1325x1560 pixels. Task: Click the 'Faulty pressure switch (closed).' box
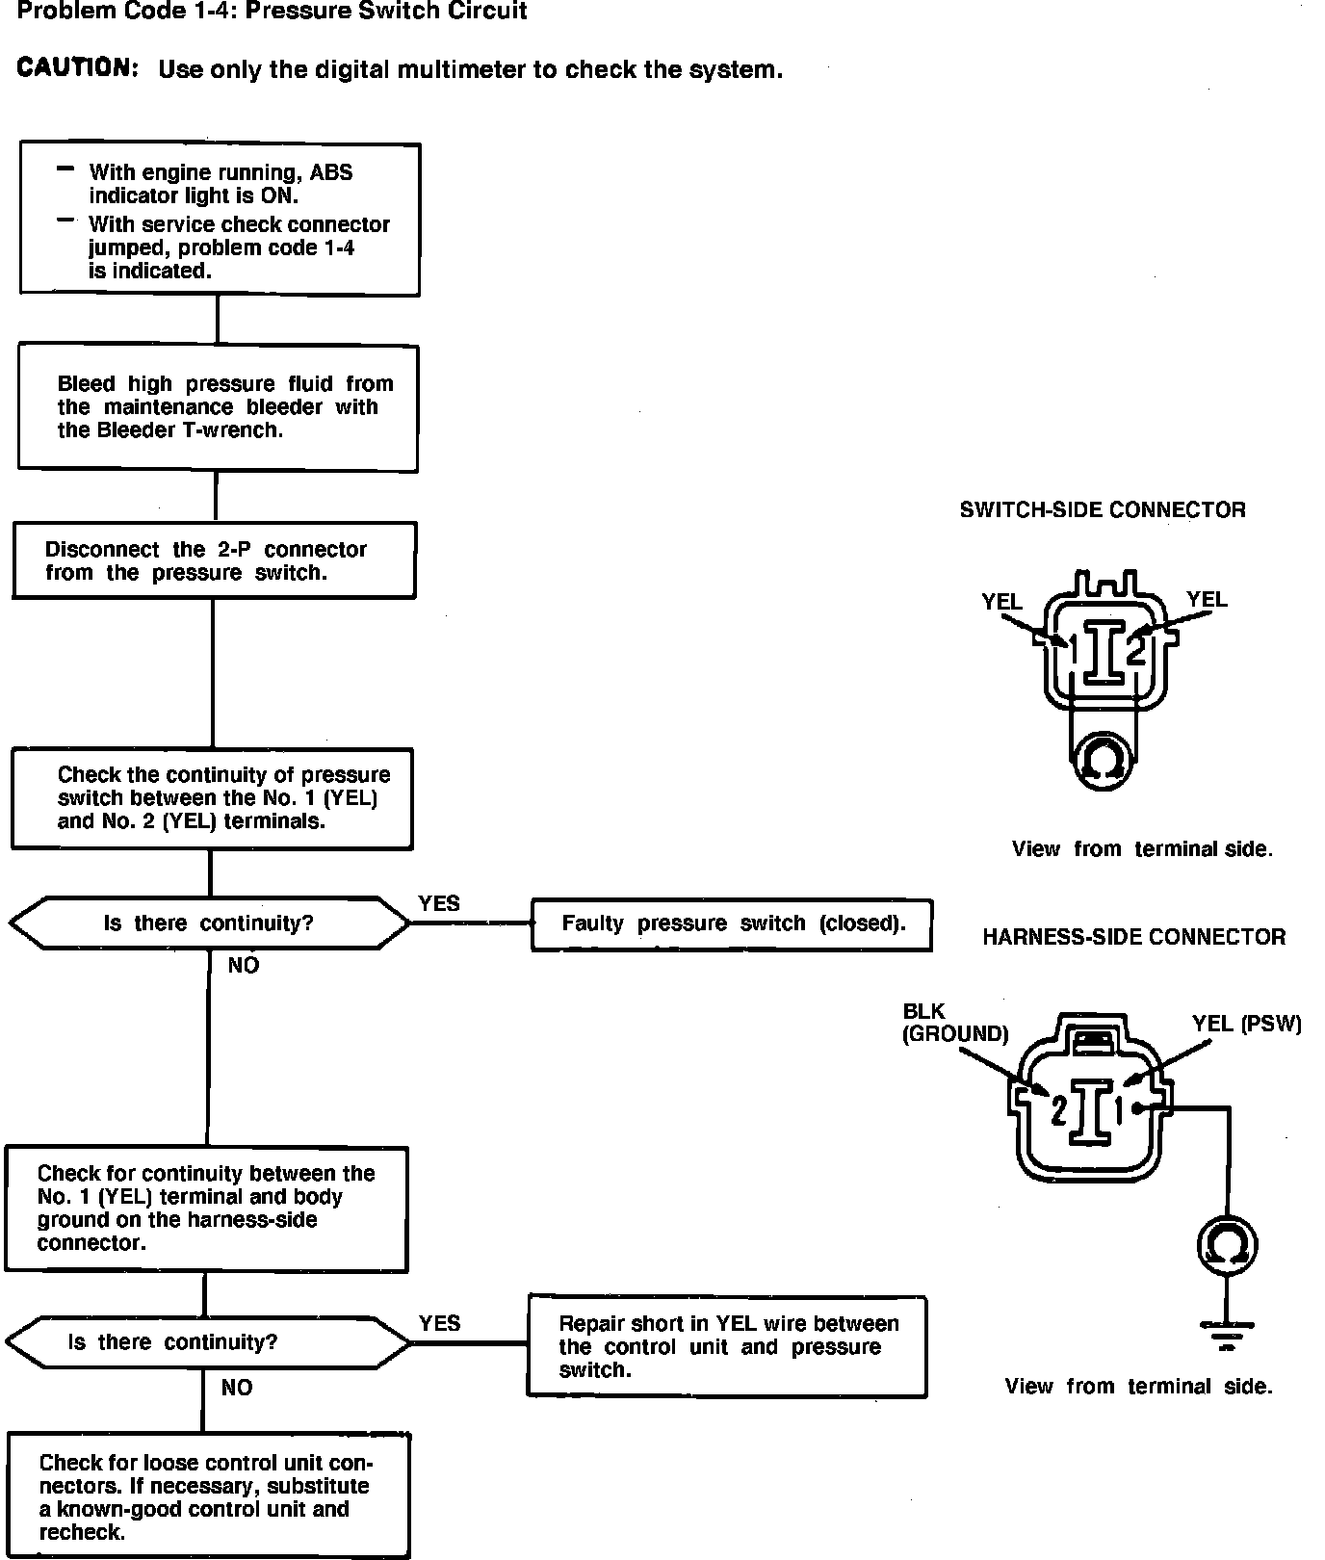click(x=732, y=924)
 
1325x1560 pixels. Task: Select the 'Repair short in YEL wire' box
click(x=727, y=1346)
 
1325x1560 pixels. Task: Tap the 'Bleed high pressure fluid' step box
click(x=219, y=407)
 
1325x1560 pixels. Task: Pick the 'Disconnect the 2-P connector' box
click(x=214, y=560)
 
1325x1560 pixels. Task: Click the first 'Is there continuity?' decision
click(x=209, y=923)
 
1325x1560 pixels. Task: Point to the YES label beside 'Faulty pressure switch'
click(x=439, y=903)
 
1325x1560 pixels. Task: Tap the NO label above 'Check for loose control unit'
click(x=237, y=1388)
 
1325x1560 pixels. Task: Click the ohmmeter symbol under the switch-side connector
click(x=1103, y=761)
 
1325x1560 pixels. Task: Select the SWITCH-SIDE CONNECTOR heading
click(x=1103, y=510)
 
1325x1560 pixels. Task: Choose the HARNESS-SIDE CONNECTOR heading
click(x=1133, y=937)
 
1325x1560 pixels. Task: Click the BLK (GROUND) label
click(x=954, y=1023)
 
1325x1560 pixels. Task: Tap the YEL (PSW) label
click(x=1246, y=1025)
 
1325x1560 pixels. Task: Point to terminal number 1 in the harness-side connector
click(x=1119, y=1111)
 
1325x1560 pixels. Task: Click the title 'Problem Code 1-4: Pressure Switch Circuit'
click(x=273, y=13)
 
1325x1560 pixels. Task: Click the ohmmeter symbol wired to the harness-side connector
click(x=1227, y=1245)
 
